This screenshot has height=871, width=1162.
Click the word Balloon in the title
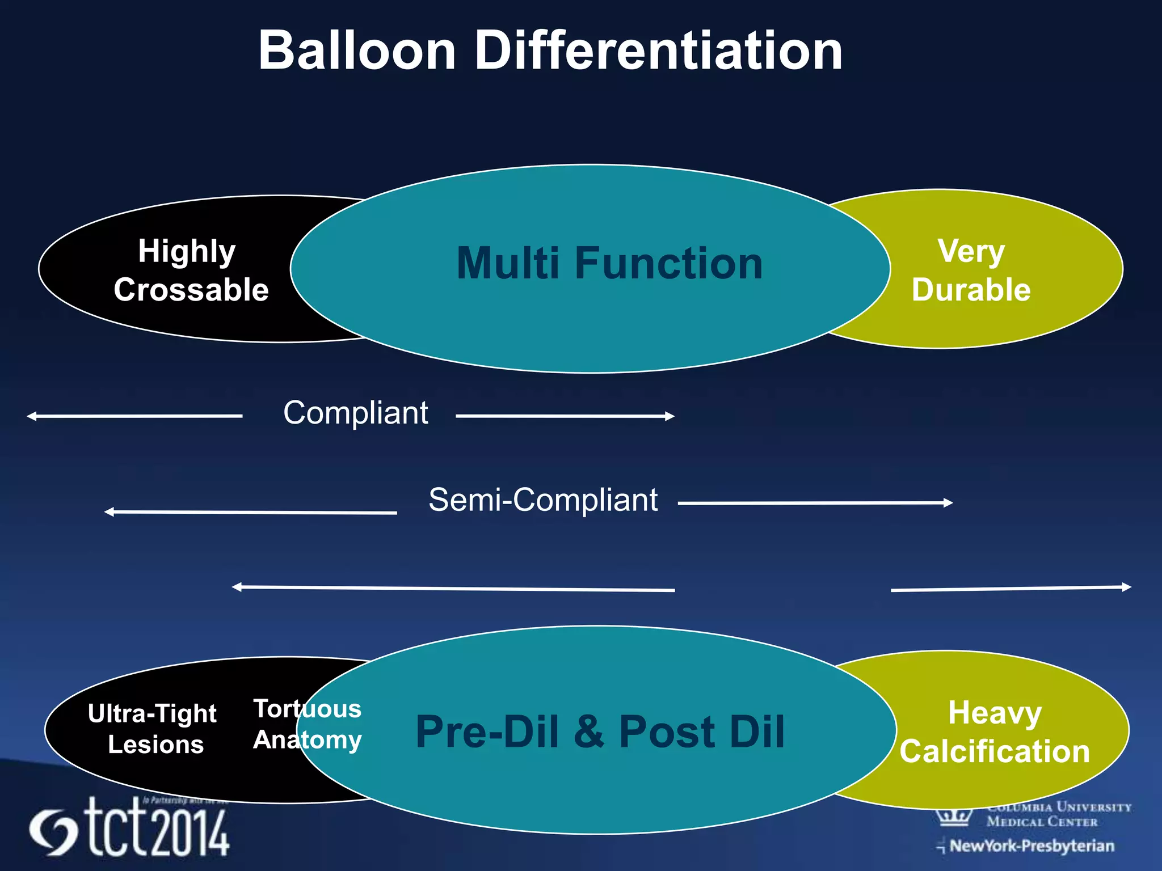tap(357, 51)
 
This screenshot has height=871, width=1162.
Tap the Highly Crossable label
tap(191, 270)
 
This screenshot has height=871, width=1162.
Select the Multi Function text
tap(609, 264)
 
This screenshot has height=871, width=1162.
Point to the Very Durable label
tap(971, 270)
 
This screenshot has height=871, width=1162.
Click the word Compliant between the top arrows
tap(355, 413)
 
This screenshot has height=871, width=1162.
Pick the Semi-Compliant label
tap(542, 500)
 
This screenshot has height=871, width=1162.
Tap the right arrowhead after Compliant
tap(670, 416)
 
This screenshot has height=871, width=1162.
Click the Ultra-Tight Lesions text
tap(153, 729)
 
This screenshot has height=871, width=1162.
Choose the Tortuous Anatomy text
tap(307, 724)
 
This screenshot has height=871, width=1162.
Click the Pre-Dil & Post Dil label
tap(600, 732)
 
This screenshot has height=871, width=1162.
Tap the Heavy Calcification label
tap(994, 732)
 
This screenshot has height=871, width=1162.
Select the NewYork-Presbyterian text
tap(1031, 846)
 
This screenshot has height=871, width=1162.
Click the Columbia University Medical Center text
tap(1058, 814)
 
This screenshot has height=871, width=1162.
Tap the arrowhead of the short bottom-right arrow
tap(1127, 587)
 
